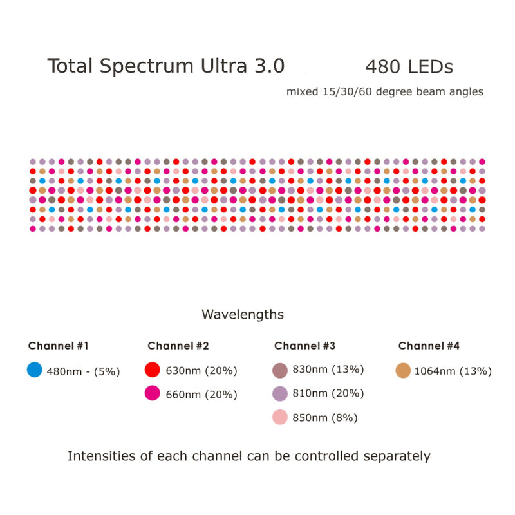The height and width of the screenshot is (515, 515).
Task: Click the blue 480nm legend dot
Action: tap(35, 370)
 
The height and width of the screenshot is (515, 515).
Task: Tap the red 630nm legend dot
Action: tap(152, 370)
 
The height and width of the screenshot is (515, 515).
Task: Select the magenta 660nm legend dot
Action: tap(152, 393)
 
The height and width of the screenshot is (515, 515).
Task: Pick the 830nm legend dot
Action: tap(279, 370)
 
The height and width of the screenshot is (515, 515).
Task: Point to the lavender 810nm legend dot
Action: tap(279, 393)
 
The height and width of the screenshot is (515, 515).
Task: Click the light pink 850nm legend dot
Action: tap(279, 417)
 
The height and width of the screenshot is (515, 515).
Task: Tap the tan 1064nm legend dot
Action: tap(403, 370)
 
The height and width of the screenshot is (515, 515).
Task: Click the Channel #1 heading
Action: tap(58, 346)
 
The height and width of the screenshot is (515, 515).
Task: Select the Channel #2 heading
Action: tap(178, 346)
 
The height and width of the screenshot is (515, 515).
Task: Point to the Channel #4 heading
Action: tap(429, 346)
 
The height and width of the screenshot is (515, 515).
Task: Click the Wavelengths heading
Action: tap(243, 315)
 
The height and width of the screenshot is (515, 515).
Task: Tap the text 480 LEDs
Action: tap(409, 67)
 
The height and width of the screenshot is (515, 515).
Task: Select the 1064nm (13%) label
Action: tap(453, 371)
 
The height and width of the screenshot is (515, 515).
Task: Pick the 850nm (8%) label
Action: tap(325, 418)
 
